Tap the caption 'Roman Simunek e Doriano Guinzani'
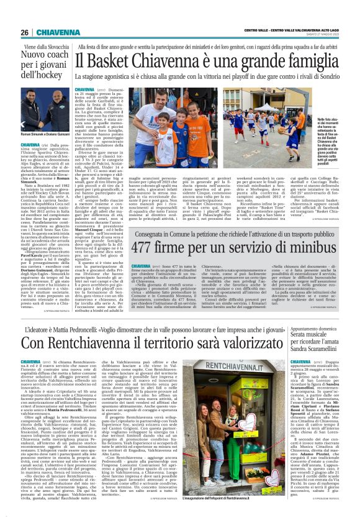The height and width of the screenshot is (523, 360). (40, 135)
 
